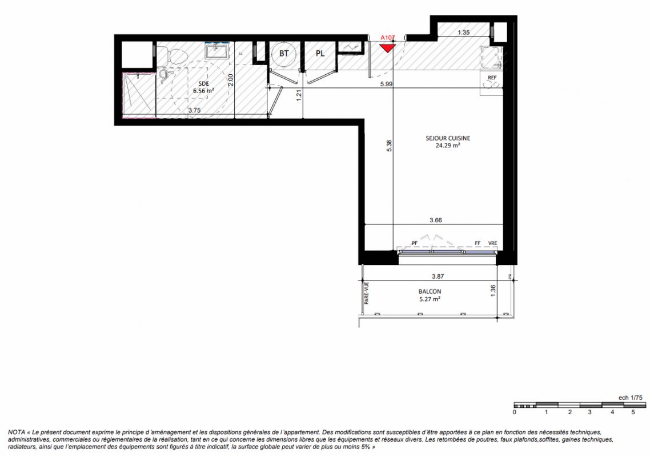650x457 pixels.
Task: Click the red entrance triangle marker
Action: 388,48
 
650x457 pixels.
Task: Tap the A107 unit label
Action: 388,38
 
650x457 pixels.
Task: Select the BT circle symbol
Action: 283,54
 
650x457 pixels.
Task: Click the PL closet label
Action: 320,54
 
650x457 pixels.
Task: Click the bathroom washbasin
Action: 216,51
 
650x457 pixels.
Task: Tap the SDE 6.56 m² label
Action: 203,87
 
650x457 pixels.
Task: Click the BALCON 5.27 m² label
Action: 430,295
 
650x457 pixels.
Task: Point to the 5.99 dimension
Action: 386,84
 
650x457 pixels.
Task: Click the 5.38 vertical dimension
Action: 389,146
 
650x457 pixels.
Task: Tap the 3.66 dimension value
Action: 436,220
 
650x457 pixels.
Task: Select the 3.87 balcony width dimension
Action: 438,276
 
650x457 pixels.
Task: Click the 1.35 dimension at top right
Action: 463,33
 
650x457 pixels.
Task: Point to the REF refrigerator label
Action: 492,78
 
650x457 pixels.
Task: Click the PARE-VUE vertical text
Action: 367,293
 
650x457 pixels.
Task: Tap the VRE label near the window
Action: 492,243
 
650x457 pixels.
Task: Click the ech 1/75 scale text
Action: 631,397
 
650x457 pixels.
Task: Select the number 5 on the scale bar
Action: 633,412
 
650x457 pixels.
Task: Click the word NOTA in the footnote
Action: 16,432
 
